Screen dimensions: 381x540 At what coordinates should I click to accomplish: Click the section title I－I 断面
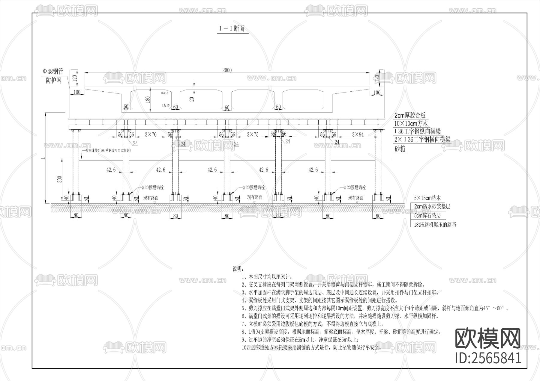click(x=232, y=29)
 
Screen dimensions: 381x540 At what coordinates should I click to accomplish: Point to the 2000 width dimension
click(x=227, y=70)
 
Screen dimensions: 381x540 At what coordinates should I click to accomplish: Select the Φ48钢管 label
click(x=53, y=72)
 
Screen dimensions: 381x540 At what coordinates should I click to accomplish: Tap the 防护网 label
click(x=53, y=81)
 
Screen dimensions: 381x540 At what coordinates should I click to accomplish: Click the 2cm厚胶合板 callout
click(x=410, y=115)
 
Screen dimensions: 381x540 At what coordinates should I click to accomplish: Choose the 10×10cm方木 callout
click(x=411, y=123)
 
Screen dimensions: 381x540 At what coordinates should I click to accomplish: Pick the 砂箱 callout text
click(x=400, y=149)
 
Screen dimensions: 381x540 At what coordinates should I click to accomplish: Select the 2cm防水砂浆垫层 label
click(x=432, y=206)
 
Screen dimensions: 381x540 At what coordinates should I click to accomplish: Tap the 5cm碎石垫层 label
click(x=427, y=216)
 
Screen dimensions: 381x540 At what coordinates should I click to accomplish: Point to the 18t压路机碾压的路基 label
click(x=435, y=225)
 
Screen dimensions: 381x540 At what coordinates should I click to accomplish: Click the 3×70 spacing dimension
click(x=151, y=134)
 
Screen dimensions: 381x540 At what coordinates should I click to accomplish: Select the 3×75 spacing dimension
click(x=252, y=134)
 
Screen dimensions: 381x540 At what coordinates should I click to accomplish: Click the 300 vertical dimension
click(x=59, y=179)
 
